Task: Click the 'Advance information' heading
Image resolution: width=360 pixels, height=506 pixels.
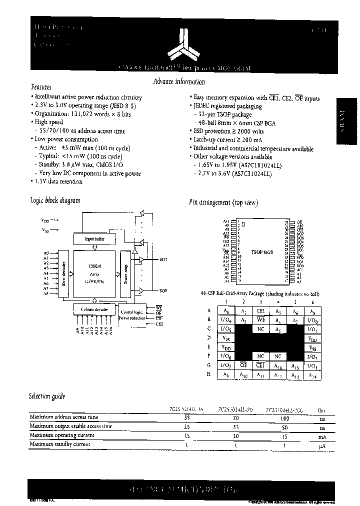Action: tap(178, 82)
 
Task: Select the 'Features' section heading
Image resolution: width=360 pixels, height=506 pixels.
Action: tap(41, 87)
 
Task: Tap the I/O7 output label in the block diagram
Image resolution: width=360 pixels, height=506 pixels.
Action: tap(163, 259)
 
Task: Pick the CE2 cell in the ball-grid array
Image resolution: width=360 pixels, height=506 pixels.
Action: tap(260, 310)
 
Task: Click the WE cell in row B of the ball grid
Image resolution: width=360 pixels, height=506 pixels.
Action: tap(260, 319)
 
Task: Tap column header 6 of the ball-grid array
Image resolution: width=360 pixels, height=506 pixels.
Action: tap(312, 302)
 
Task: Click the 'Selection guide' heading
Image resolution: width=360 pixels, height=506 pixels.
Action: tap(47, 396)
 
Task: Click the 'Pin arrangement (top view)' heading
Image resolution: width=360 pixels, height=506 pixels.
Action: tap(223, 202)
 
